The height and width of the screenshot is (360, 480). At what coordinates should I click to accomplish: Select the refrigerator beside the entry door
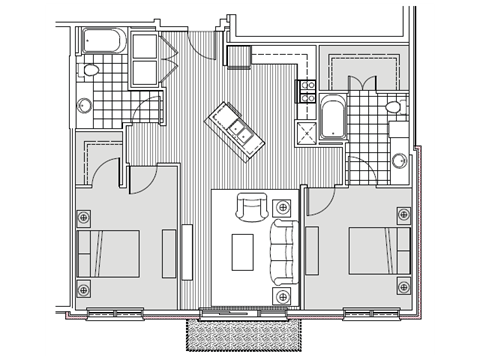[x=240, y=57]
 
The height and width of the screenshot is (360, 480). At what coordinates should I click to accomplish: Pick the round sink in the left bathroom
[x=85, y=103]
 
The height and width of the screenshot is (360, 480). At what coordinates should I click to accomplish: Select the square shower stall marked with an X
[x=304, y=134]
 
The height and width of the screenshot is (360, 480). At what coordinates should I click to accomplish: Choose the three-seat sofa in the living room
[x=283, y=249]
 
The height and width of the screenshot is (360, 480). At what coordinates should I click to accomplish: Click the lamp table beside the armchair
[x=283, y=209]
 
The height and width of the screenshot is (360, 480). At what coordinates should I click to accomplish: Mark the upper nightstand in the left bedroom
[x=83, y=215]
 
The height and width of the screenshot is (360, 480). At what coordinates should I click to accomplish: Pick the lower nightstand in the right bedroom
[x=403, y=290]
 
